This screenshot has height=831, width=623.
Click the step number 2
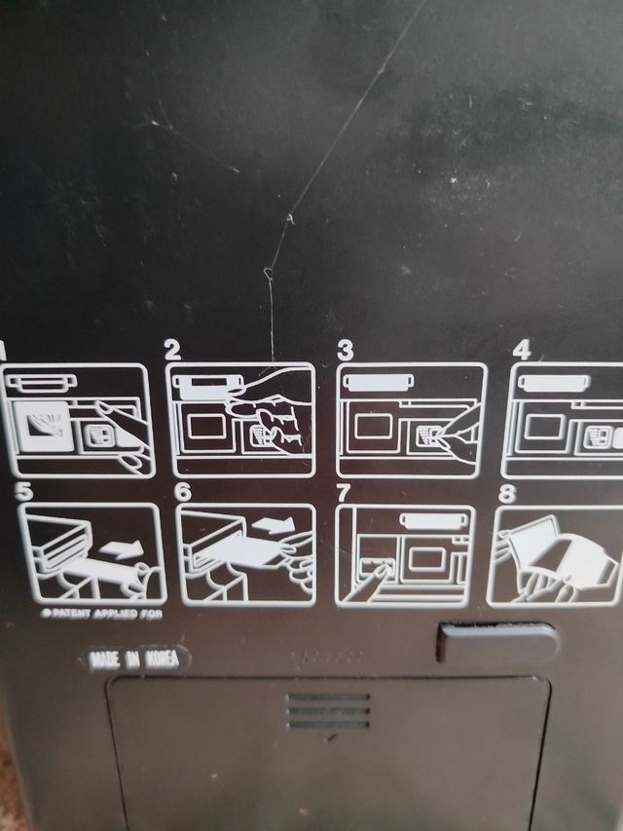coord(172,350)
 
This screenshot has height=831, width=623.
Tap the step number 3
coord(345,350)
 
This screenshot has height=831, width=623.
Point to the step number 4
coord(522,351)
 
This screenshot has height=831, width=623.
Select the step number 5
coord(23,492)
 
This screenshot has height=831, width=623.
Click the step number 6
coord(183,492)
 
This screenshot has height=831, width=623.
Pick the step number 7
coord(344,493)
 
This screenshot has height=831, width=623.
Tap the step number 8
coord(507,493)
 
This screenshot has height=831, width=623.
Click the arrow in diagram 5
coord(122,548)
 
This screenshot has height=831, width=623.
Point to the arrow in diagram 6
coord(274,525)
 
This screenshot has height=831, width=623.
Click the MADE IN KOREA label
coord(134,660)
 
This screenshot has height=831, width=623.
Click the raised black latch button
coord(496,641)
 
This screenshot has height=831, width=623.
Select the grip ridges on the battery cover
coord(328,710)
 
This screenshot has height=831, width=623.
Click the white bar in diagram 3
coord(379,382)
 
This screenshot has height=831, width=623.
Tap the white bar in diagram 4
coord(554,383)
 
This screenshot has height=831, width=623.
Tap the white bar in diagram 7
coord(433,521)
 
